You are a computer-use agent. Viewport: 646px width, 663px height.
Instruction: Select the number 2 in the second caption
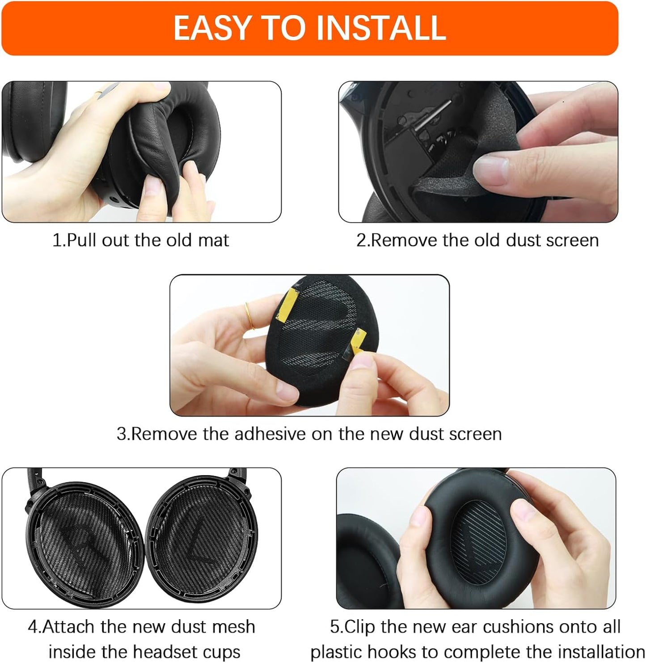[x=361, y=240]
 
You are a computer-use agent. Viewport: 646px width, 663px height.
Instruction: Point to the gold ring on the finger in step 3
[x=249, y=315]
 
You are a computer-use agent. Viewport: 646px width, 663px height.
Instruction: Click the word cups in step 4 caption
[x=221, y=652]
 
